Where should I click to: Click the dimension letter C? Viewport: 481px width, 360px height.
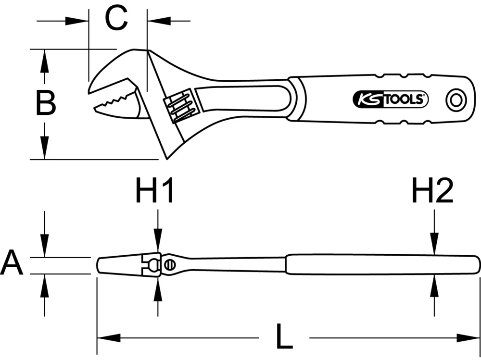[x=117, y=20]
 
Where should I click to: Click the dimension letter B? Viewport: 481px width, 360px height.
[x=46, y=103]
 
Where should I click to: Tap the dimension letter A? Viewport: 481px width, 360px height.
[x=12, y=264]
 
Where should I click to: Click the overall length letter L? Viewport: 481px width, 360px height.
[x=285, y=338]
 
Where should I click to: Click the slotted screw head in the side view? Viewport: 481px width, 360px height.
[x=169, y=264]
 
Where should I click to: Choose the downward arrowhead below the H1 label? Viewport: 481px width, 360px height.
[x=157, y=242]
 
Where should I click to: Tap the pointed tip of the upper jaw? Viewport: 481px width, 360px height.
[x=90, y=90]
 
